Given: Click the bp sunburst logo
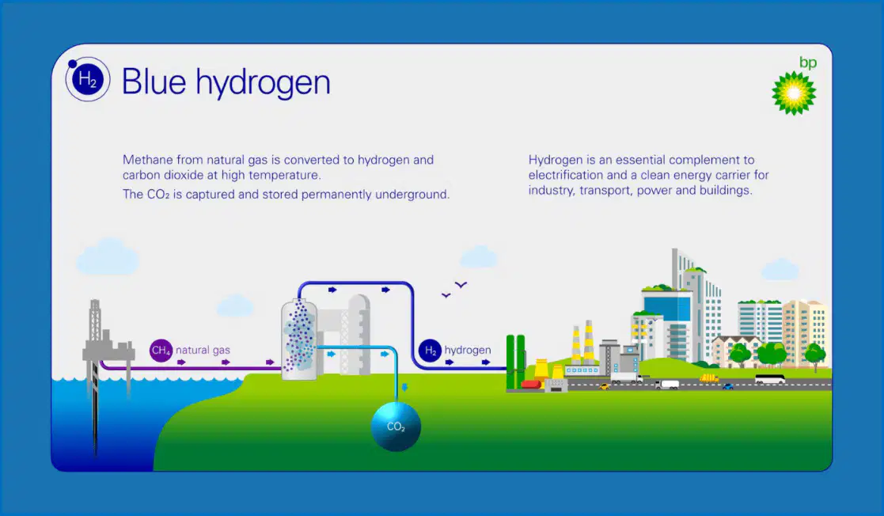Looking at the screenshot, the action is pyautogui.click(x=794, y=93).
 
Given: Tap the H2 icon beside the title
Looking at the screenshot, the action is pyautogui.click(x=87, y=79).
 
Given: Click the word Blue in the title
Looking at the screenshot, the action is pyautogui.click(x=154, y=82).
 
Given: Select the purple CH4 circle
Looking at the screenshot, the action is pyautogui.click(x=161, y=351).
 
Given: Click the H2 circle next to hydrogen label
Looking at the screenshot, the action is pyautogui.click(x=430, y=351).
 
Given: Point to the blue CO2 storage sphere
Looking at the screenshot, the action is pyautogui.click(x=396, y=427).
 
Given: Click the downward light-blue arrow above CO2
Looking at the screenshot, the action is pyautogui.click(x=404, y=388).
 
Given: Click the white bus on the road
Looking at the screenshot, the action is pyautogui.click(x=770, y=380).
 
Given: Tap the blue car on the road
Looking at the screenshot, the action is pyautogui.click(x=728, y=386).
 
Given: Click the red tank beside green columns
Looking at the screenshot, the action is pyautogui.click(x=531, y=384).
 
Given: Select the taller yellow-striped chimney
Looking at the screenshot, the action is pyautogui.click(x=589, y=341).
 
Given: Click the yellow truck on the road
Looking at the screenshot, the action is pyautogui.click(x=708, y=378).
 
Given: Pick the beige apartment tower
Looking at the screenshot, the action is pyautogui.click(x=805, y=332).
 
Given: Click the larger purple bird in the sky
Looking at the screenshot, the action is pyautogui.click(x=461, y=285).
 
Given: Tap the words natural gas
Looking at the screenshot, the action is pyautogui.click(x=203, y=351).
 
